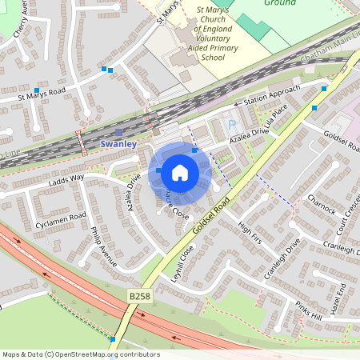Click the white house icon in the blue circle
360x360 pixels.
180,172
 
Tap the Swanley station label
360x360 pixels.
118,143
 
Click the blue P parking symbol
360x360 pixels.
232,125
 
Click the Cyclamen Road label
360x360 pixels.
61,218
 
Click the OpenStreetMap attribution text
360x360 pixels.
81,354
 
